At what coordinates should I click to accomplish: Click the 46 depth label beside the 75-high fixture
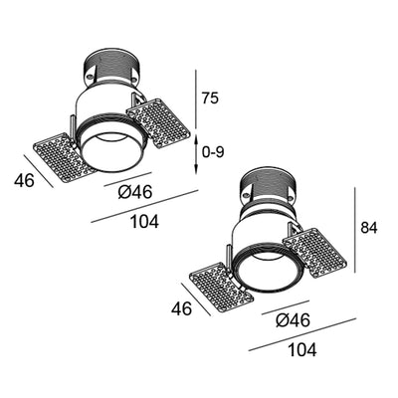click(28, 180)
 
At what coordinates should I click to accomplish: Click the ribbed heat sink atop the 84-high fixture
click(268, 191)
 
